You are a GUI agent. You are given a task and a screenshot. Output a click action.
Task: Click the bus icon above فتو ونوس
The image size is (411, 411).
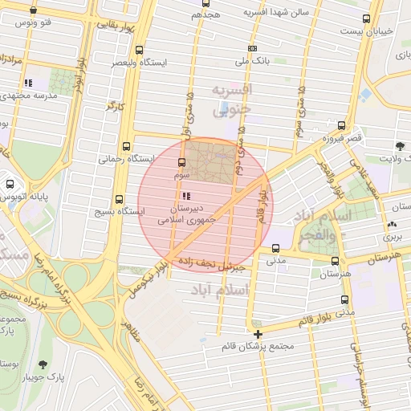[33, 11]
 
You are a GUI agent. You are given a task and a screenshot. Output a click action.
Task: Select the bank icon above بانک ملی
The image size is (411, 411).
[253, 49]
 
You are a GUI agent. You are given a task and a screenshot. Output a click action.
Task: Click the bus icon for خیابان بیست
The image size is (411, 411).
[367, 18]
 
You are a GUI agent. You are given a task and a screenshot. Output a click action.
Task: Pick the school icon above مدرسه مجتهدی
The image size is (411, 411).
[28, 83]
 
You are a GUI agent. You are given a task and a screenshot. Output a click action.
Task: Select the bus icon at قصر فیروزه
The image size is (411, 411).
[342, 125]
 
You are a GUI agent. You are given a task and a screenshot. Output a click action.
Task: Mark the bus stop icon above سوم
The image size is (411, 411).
[184, 163]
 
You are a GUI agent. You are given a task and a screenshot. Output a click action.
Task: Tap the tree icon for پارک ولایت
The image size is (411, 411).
[399, 146]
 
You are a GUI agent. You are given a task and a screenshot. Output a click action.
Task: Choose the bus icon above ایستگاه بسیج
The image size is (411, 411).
[120, 199]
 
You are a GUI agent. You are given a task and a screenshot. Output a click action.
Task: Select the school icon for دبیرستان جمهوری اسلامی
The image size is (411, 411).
[186, 196]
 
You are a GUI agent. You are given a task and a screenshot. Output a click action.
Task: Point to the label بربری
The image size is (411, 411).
[392, 238]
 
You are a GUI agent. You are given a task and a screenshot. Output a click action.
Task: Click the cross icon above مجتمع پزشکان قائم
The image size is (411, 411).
[258, 334]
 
